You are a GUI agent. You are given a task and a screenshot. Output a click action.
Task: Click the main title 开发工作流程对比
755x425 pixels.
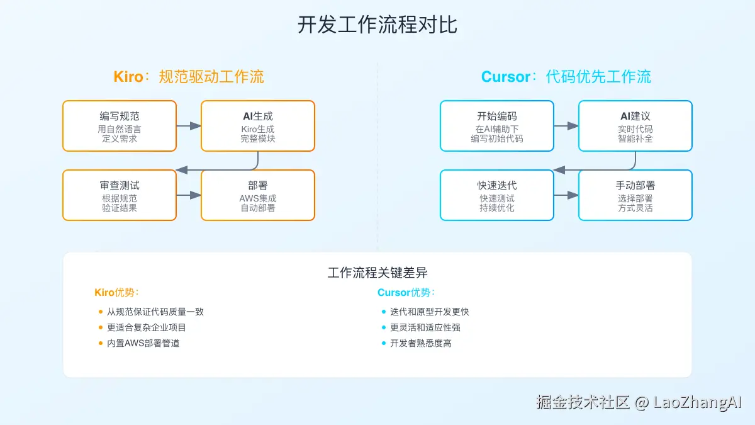pos(377,25)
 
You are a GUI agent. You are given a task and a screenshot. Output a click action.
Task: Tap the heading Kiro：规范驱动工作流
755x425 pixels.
pos(189,77)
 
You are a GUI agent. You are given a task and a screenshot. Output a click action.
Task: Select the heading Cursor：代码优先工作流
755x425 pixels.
pos(566,77)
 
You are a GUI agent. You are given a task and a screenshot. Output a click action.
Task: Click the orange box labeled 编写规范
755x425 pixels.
pos(120,126)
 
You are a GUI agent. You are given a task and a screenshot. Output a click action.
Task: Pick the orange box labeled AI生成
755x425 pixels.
pos(258,126)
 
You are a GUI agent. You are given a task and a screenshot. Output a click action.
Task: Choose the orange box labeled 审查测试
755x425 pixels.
pos(120,195)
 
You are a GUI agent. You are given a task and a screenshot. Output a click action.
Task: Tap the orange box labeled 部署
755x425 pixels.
pos(258,195)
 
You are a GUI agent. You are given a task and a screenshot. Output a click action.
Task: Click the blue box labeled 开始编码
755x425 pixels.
pos(497,126)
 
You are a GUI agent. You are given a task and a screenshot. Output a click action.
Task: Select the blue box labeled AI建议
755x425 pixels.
pos(635,126)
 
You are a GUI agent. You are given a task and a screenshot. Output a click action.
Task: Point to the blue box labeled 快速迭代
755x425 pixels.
pos(497,195)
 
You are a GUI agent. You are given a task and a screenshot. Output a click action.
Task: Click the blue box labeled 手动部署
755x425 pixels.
pos(635,195)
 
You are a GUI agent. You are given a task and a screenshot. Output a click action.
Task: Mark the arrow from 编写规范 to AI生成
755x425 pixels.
pos(189,126)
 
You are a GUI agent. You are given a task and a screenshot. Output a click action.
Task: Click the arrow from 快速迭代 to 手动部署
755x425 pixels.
pos(566,195)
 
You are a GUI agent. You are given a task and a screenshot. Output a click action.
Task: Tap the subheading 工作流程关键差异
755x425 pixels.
pos(377,273)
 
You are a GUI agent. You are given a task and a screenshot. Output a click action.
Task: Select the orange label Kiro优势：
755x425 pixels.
pos(116,292)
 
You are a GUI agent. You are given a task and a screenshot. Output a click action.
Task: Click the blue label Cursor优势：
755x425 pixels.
pos(406,292)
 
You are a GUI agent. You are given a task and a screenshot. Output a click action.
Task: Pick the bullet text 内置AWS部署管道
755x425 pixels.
pos(143,343)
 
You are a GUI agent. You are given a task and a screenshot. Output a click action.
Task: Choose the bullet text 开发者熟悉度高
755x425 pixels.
pos(420,343)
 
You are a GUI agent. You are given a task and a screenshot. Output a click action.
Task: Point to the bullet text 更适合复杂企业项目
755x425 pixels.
pos(147,327)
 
